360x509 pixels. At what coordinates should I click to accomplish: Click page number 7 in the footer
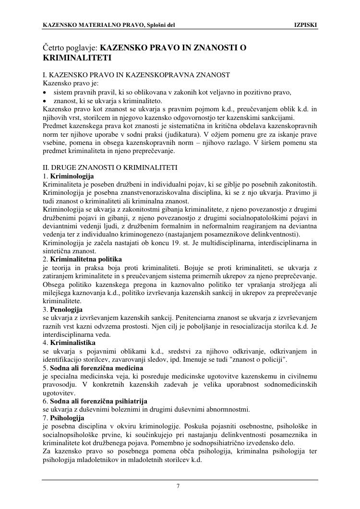coord(178,486)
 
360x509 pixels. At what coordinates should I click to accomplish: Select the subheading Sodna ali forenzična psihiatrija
coord(98,401)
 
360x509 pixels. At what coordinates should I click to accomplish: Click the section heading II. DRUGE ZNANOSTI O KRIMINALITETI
coord(110,167)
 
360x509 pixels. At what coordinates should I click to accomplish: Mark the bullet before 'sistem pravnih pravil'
coord(45,93)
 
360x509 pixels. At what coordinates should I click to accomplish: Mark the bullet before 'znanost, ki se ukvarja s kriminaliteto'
coord(45,101)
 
